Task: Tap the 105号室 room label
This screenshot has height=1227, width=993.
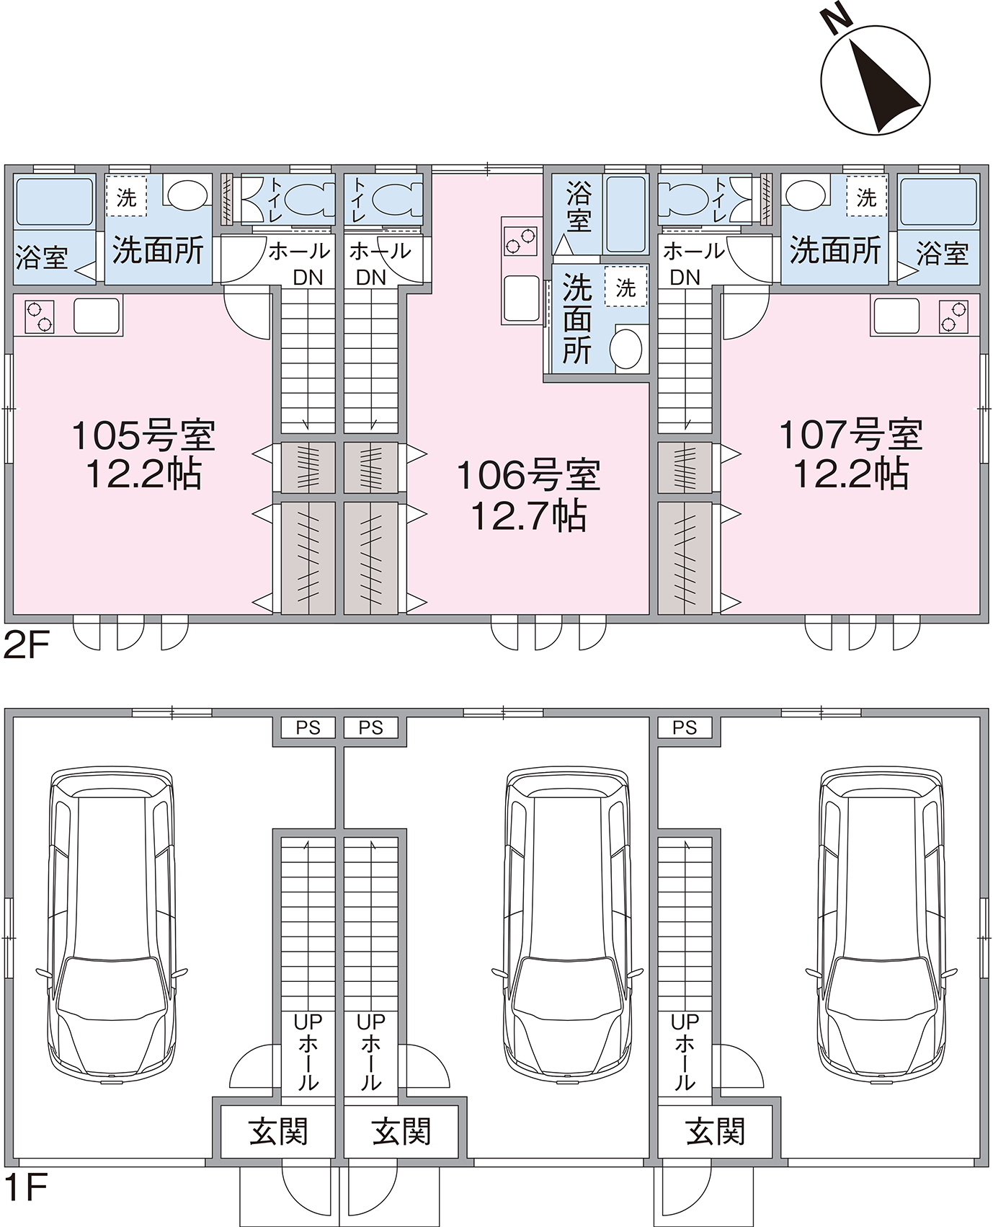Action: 143,435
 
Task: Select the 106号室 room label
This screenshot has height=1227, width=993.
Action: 529,476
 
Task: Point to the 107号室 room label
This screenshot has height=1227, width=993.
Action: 851,435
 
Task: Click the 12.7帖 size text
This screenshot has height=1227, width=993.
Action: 529,517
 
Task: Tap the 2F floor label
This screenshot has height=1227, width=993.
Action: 26,646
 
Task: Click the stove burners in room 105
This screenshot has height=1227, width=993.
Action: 40,316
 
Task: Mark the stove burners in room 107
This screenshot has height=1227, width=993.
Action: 954,316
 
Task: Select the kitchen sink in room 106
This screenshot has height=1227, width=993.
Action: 521,298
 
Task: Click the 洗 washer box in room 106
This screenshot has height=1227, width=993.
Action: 626,288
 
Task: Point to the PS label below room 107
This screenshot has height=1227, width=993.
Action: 685,728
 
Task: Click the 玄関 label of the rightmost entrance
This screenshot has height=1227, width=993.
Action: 716,1132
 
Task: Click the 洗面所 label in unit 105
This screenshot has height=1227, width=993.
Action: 158,250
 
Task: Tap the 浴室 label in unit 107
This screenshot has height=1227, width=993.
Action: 942,254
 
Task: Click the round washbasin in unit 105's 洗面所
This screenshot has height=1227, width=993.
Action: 186,193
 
